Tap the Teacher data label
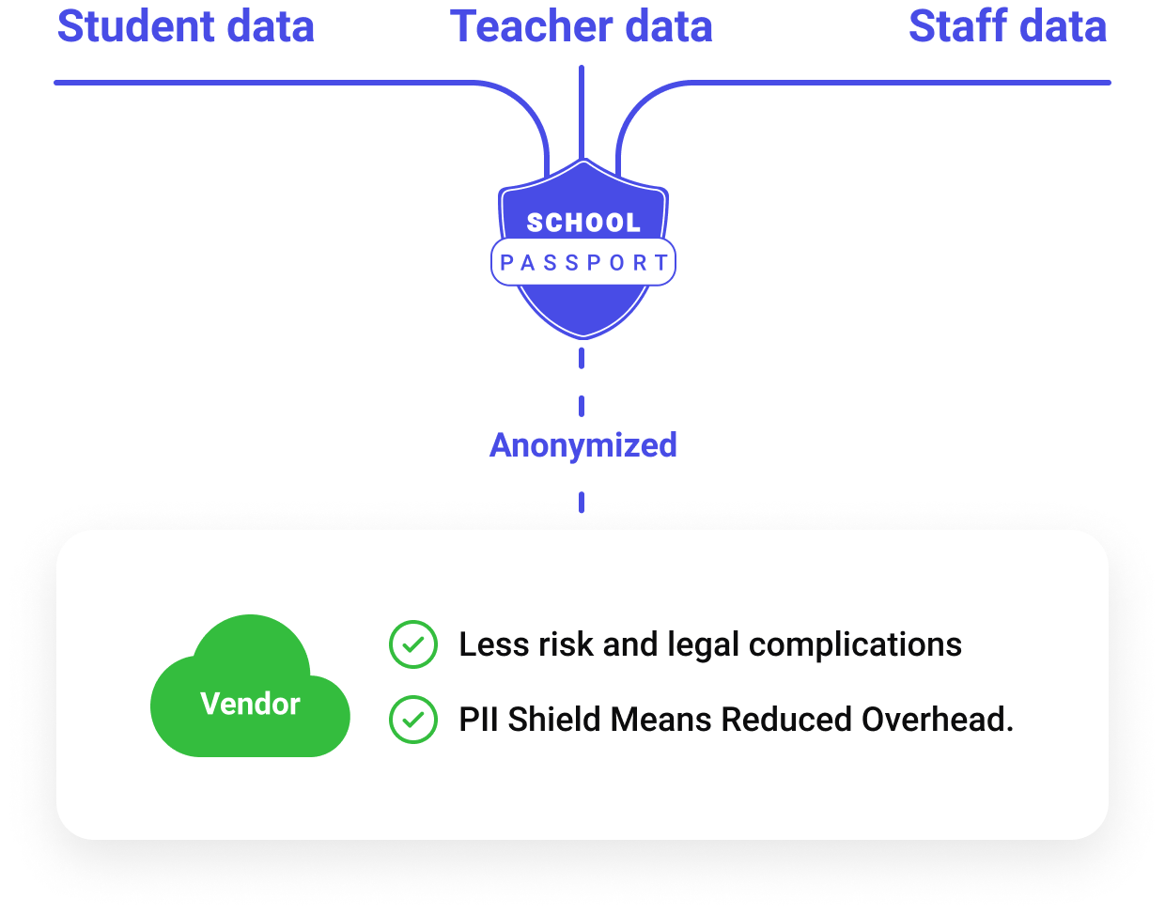581,26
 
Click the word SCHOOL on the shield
582,223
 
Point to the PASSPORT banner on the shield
582,263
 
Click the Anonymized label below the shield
582,445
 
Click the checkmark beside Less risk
413,645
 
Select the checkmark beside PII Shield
413,720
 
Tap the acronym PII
478,720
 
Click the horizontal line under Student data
263,83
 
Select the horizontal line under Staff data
902,83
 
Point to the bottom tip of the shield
582,334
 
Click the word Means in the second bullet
661,720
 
